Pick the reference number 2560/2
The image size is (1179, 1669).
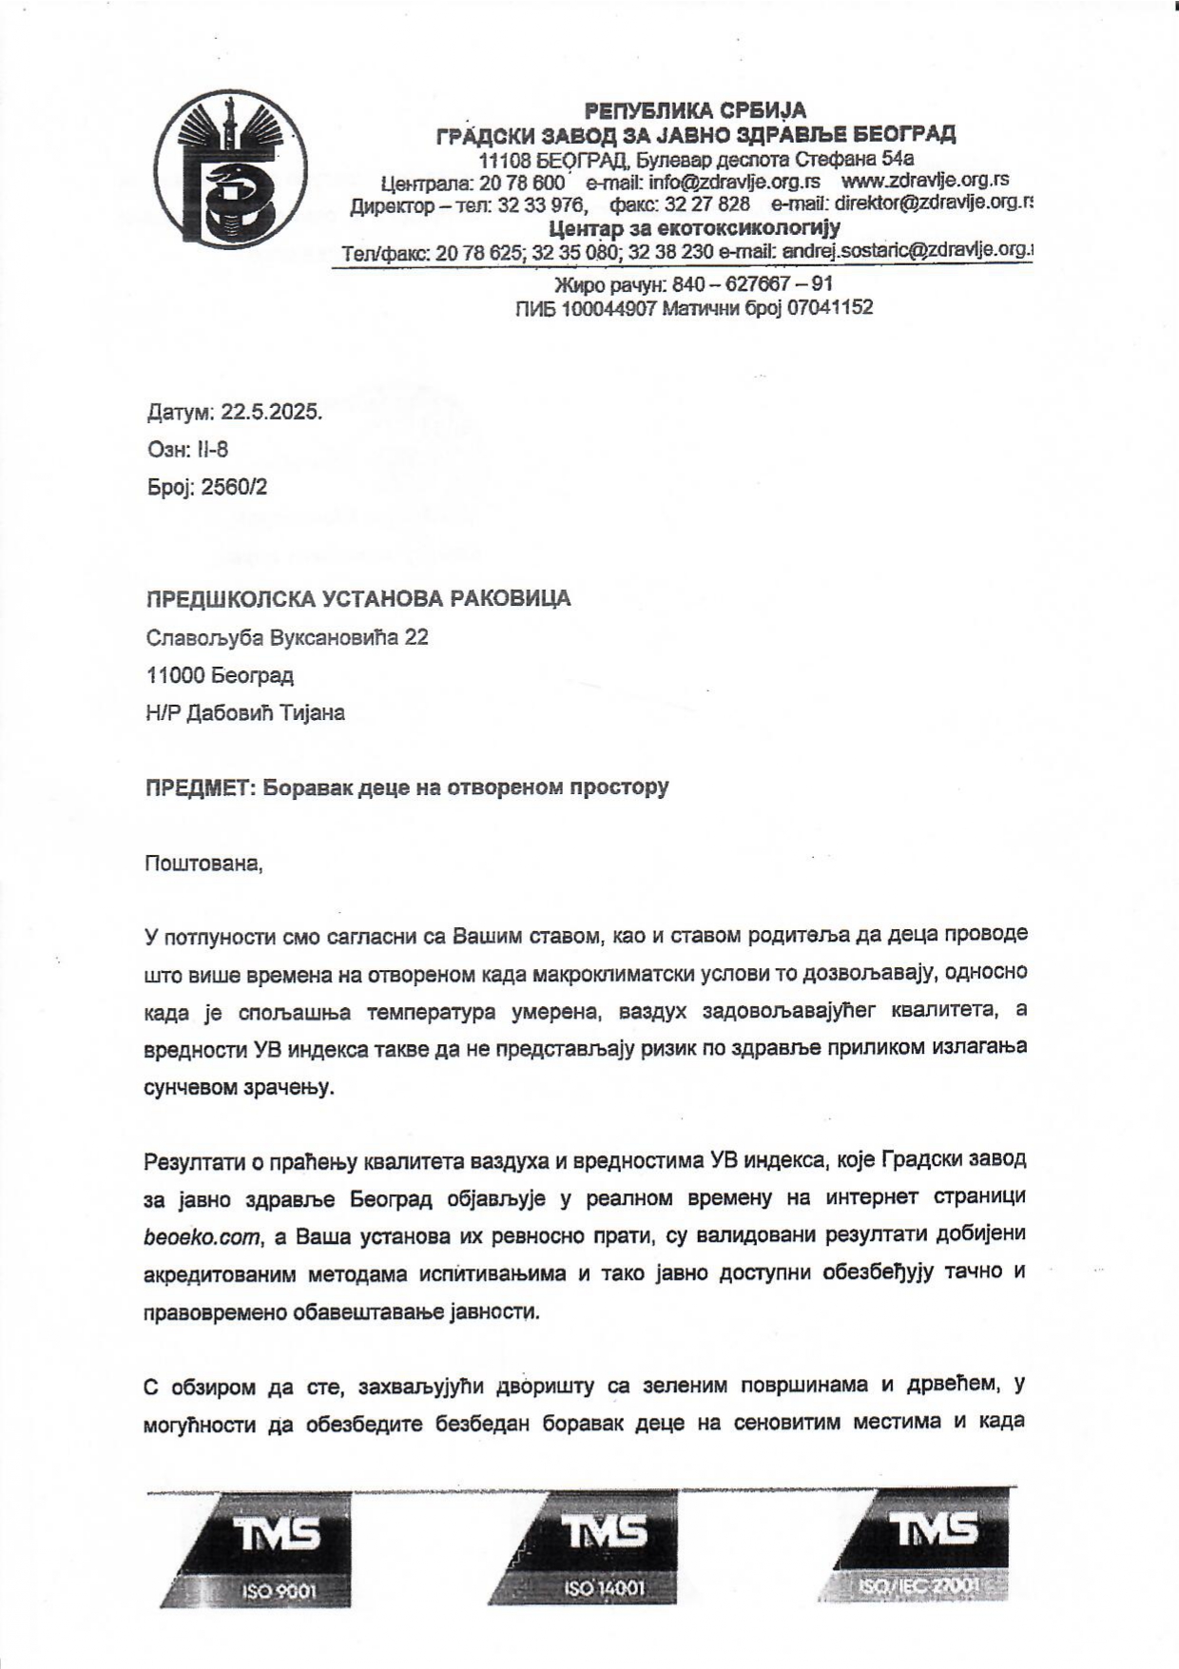pyautogui.click(x=234, y=488)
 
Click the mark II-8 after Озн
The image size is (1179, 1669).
pyautogui.click(x=212, y=450)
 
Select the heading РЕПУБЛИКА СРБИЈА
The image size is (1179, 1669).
pyautogui.click(x=695, y=110)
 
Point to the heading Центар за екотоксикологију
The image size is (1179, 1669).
pyautogui.click(x=695, y=228)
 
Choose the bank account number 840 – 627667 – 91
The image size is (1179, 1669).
pyautogui.click(x=752, y=284)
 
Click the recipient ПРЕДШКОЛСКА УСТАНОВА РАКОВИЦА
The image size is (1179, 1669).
pyautogui.click(x=358, y=599)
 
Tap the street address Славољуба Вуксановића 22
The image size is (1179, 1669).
pyautogui.click(x=287, y=637)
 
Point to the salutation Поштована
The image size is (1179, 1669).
pyautogui.click(x=203, y=864)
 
